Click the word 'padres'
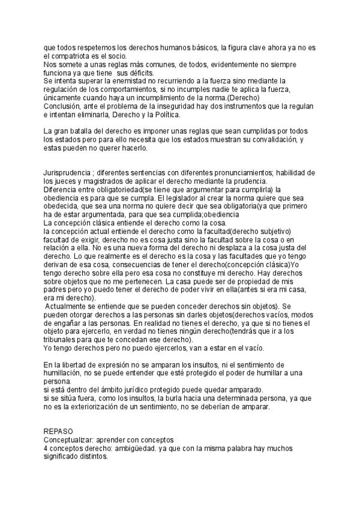tap(56, 289)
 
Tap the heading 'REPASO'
tap(59, 431)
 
